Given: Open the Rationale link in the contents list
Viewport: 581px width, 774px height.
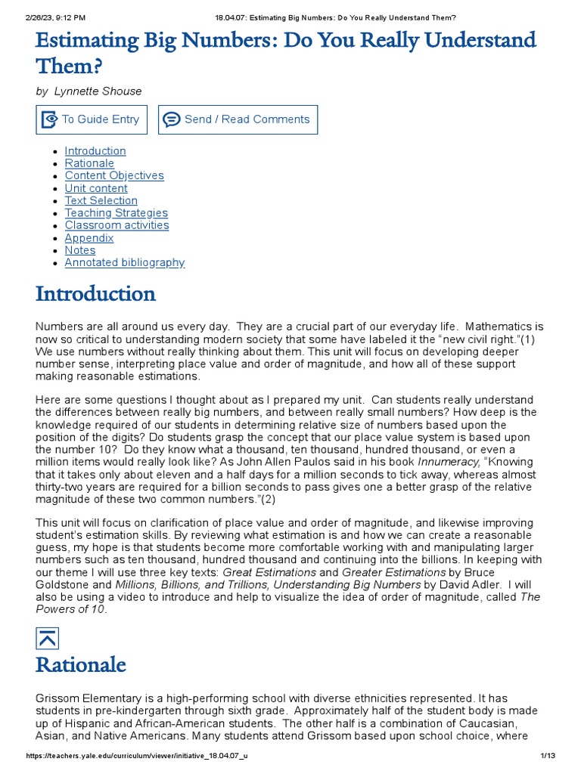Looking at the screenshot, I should [x=89, y=163].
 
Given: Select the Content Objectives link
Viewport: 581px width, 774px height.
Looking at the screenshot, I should [x=114, y=175].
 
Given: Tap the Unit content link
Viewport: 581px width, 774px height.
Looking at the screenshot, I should [x=96, y=188].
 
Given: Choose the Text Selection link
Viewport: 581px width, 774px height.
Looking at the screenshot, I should [x=101, y=200].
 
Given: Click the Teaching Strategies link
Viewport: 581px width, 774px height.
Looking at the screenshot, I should [x=117, y=213].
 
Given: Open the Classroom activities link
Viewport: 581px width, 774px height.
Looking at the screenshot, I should [x=117, y=225].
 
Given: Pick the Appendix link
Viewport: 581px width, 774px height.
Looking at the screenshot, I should [x=89, y=238].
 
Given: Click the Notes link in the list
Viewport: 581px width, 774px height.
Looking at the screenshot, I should [x=80, y=250].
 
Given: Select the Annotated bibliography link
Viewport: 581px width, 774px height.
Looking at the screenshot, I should [x=125, y=262].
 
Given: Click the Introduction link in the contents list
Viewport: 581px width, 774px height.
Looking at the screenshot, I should [x=95, y=150].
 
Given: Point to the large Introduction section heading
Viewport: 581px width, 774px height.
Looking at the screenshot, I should [x=96, y=293].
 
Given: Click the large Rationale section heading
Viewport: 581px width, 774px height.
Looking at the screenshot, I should [x=81, y=665].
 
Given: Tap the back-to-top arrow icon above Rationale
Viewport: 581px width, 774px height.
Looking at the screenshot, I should [x=47, y=638].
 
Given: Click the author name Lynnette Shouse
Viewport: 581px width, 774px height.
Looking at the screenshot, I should [x=98, y=91].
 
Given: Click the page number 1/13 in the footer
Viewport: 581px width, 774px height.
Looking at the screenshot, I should [x=548, y=757].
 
